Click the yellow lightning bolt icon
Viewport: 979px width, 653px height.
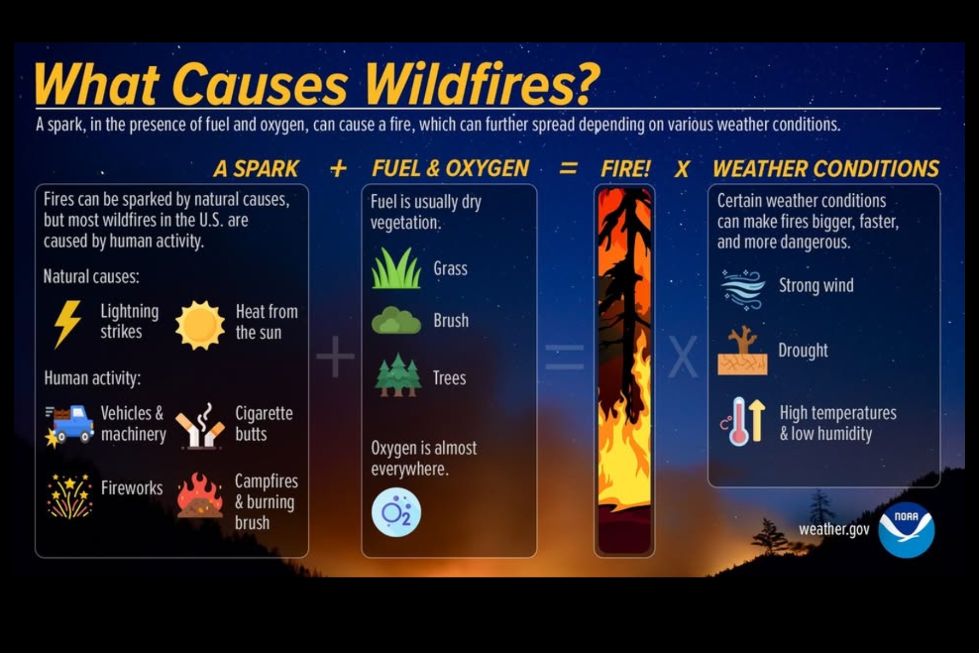[67, 323]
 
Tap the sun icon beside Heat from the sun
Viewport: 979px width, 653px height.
[200, 325]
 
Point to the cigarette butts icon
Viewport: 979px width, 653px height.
[200, 426]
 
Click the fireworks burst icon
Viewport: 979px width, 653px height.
[69, 495]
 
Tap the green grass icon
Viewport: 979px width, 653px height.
[396, 268]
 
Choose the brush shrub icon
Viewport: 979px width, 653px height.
[396, 320]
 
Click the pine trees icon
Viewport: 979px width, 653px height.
[398, 375]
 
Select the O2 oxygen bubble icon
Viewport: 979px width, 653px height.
[396, 513]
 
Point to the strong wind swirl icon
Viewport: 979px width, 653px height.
[742, 289]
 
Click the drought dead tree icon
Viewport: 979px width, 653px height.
[742, 350]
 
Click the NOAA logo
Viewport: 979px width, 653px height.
[906, 530]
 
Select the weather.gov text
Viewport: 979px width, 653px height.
[834, 529]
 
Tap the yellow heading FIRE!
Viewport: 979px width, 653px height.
[625, 169]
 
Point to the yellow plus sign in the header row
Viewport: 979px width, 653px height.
[338, 169]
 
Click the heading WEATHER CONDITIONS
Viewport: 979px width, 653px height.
[826, 169]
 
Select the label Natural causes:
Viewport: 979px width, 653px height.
[91, 276]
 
